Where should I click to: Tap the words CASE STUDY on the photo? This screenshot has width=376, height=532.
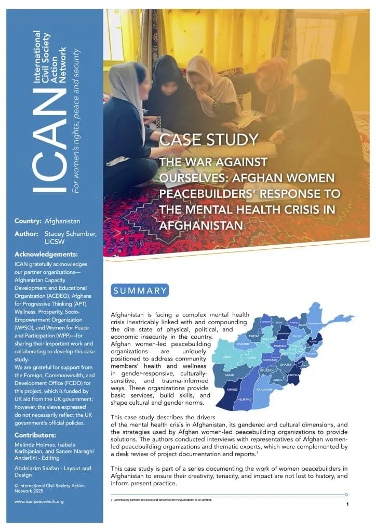pyautogui.click(x=208, y=139)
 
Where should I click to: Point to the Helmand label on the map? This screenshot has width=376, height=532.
pyautogui.click(x=245, y=399)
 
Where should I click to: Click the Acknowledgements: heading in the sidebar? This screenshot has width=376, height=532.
pyautogui.click(x=46, y=255)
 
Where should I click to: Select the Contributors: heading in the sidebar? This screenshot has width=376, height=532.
pyautogui.click(x=36, y=434)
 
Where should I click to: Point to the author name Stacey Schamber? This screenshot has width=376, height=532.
pyautogui.click(x=71, y=233)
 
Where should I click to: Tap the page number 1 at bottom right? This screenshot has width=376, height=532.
pyautogui.click(x=347, y=504)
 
